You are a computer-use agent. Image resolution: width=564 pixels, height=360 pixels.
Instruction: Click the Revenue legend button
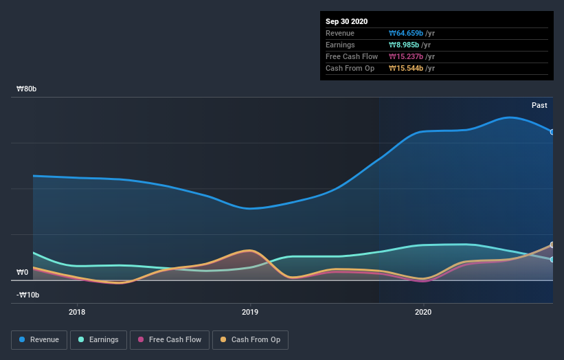point(40,339)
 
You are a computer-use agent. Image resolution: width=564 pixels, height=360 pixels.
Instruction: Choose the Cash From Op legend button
point(250,339)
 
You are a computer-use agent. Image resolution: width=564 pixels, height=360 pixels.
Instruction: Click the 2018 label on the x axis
point(78,311)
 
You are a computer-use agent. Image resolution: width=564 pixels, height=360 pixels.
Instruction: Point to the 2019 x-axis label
point(250,311)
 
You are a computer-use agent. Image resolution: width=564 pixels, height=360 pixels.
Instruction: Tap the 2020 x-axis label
point(423,311)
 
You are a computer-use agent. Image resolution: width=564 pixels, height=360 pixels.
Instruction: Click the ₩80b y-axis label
point(27,89)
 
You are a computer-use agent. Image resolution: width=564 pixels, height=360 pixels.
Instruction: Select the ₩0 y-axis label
point(23,272)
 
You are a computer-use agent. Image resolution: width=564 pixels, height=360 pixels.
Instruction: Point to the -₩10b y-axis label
point(28,295)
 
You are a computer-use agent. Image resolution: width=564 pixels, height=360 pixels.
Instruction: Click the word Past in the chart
point(539,105)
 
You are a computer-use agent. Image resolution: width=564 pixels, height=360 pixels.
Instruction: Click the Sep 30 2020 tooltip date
point(346,21)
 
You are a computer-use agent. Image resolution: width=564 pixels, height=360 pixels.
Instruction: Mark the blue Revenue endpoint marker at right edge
point(552,132)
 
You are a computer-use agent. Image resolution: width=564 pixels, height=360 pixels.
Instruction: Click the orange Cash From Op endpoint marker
point(552,245)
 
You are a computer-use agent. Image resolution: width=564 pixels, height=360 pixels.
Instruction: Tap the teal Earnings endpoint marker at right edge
point(552,260)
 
